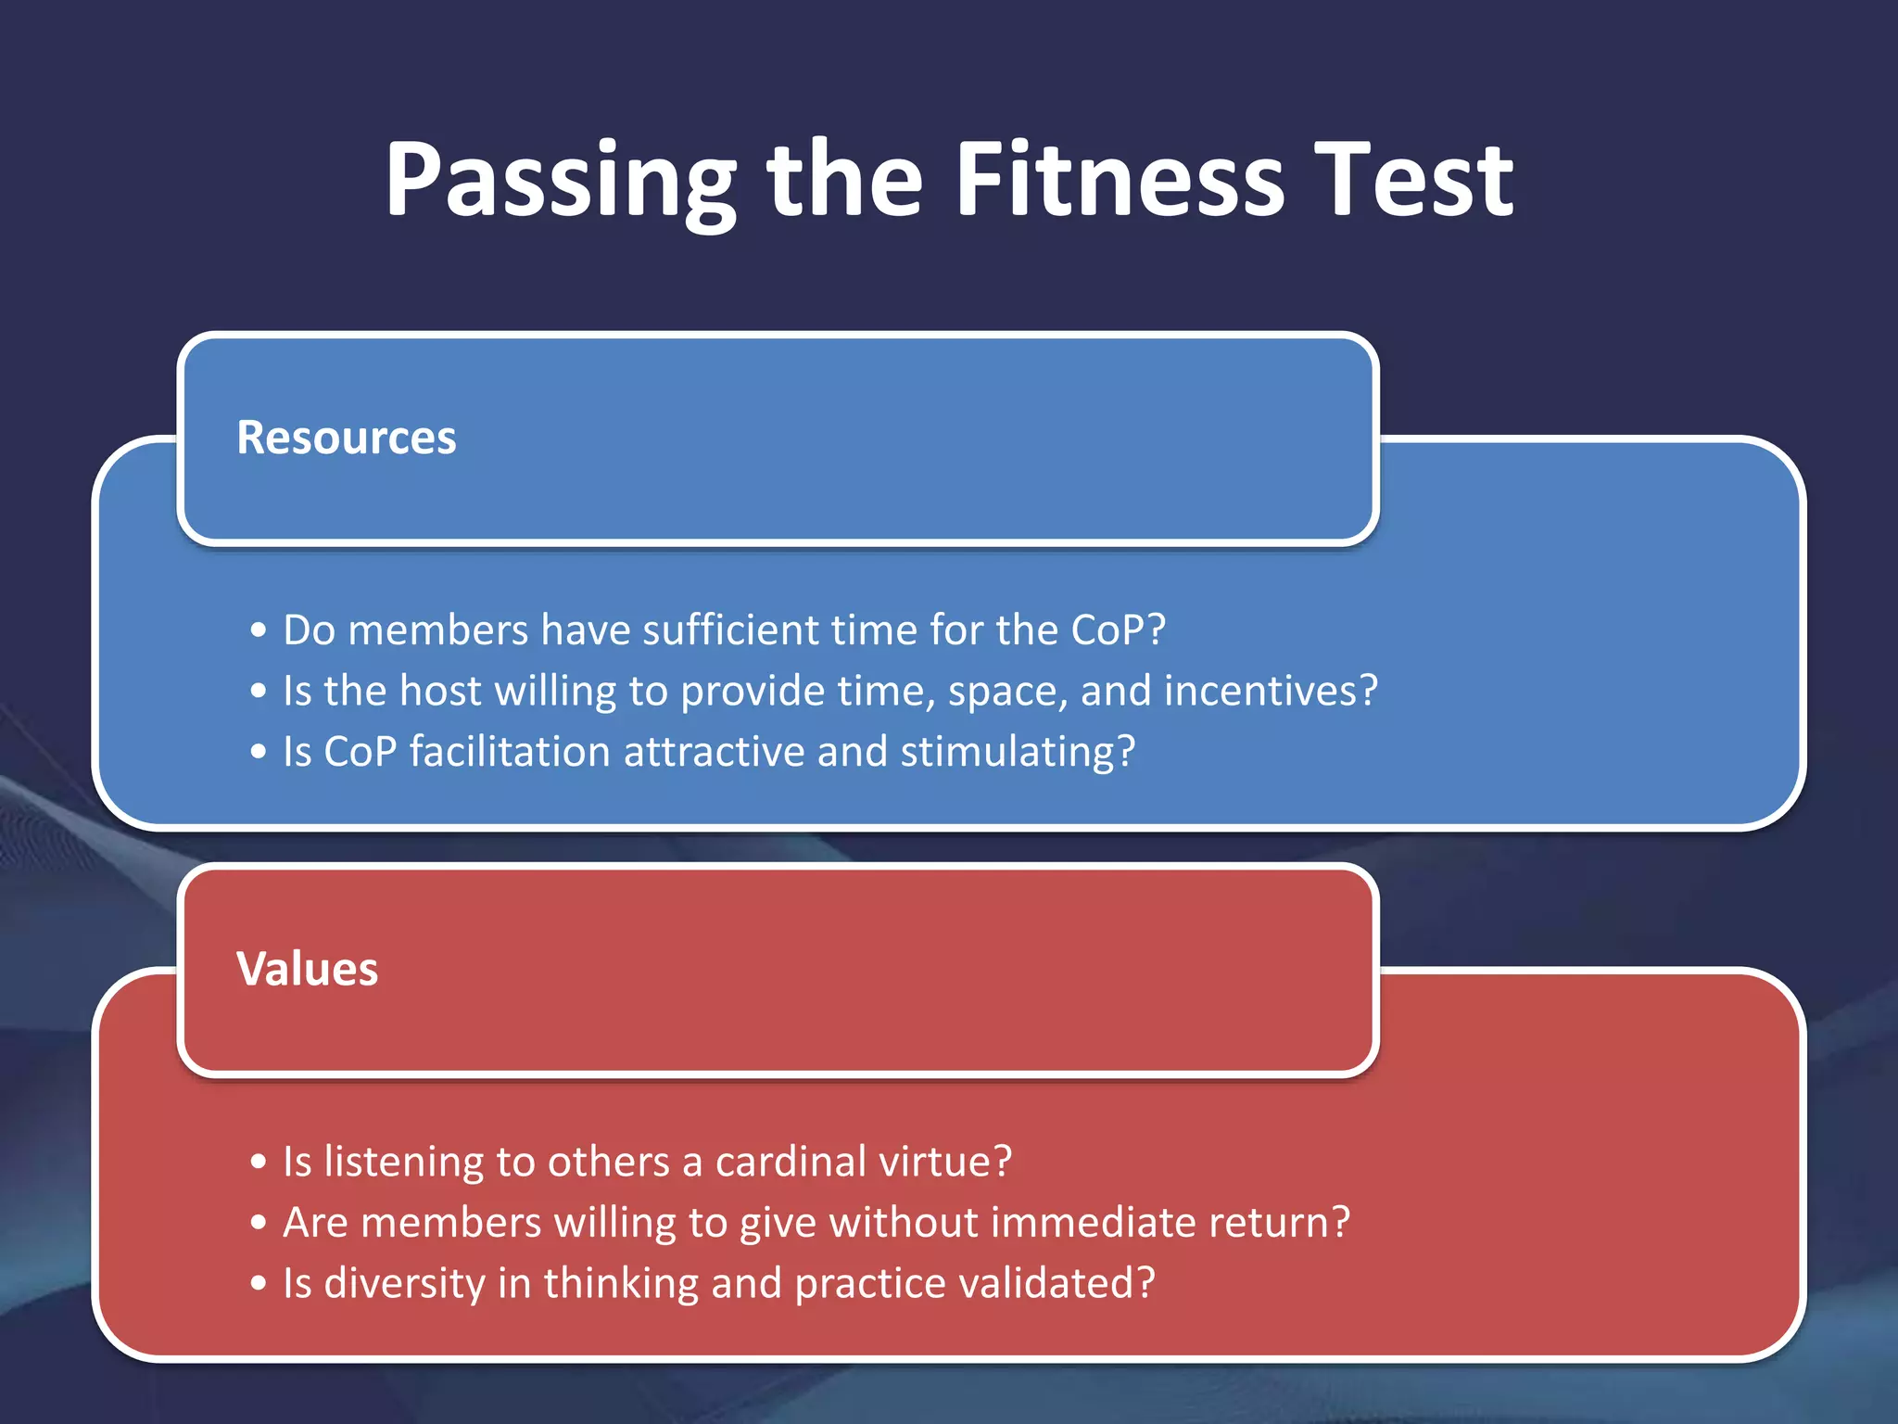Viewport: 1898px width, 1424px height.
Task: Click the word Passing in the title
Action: pyautogui.click(x=560, y=181)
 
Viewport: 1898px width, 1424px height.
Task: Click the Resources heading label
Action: pyautogui.click(x=346, y=438)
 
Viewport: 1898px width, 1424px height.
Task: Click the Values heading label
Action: pyautogui.click(x=307, y=969)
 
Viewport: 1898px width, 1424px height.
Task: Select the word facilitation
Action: pyautogui.click(x=510, y=752)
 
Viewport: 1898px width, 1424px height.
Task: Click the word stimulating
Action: pyautogui.click(x=1017, y=752)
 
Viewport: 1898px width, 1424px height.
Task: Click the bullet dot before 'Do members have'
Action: pyautogui.click(x=259, y=631)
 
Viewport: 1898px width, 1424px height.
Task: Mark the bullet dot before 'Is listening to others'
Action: pyautogui.click(x=259, y=1163)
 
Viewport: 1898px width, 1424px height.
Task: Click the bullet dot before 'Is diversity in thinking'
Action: pyautogui.click(x=259, y=1284)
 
